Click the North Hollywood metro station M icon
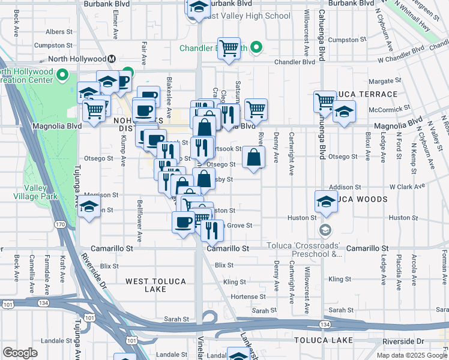tap(112, 59)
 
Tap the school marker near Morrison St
tap(89, 208)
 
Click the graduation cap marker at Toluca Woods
tap(325, 201)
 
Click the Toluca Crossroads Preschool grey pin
tap(325, 230)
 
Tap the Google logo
tap(20, 353)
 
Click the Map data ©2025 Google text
tap(411, 355)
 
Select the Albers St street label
tap(59, 31)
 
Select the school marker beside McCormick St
tap(344, 112)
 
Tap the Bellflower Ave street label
tap(139, 220)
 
